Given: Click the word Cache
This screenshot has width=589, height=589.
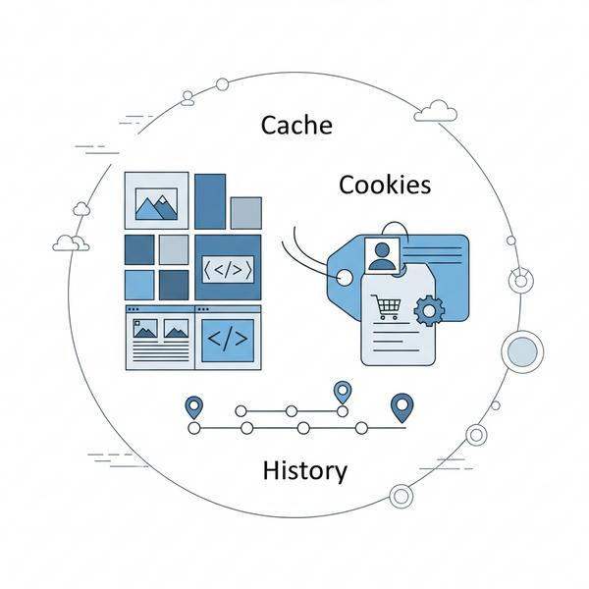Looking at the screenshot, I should point(295,125).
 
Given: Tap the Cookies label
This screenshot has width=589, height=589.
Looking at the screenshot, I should point(384,184).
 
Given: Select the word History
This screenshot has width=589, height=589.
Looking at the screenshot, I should point(304,470).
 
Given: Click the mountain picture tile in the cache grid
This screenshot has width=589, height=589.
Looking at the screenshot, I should point(156,200).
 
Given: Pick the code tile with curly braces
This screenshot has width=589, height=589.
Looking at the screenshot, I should point(228,267).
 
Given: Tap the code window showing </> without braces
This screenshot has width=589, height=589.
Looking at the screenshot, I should point(228,339).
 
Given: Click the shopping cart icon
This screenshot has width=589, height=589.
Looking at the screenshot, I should point(386,308).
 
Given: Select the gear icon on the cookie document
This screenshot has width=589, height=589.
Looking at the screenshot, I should point(429,311).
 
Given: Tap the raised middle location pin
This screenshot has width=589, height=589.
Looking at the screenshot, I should point(342,392).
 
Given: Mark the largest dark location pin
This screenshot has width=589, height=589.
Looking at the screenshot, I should point(400,404).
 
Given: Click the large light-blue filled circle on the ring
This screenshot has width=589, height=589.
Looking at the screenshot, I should point(521,349).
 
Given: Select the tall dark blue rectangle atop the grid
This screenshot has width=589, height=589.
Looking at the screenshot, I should point(210,200).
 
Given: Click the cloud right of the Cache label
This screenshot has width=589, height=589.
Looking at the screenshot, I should point(435,111).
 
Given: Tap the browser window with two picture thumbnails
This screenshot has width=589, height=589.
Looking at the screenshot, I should point(160,337).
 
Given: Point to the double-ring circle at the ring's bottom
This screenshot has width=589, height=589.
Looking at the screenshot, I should point(400,496).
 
